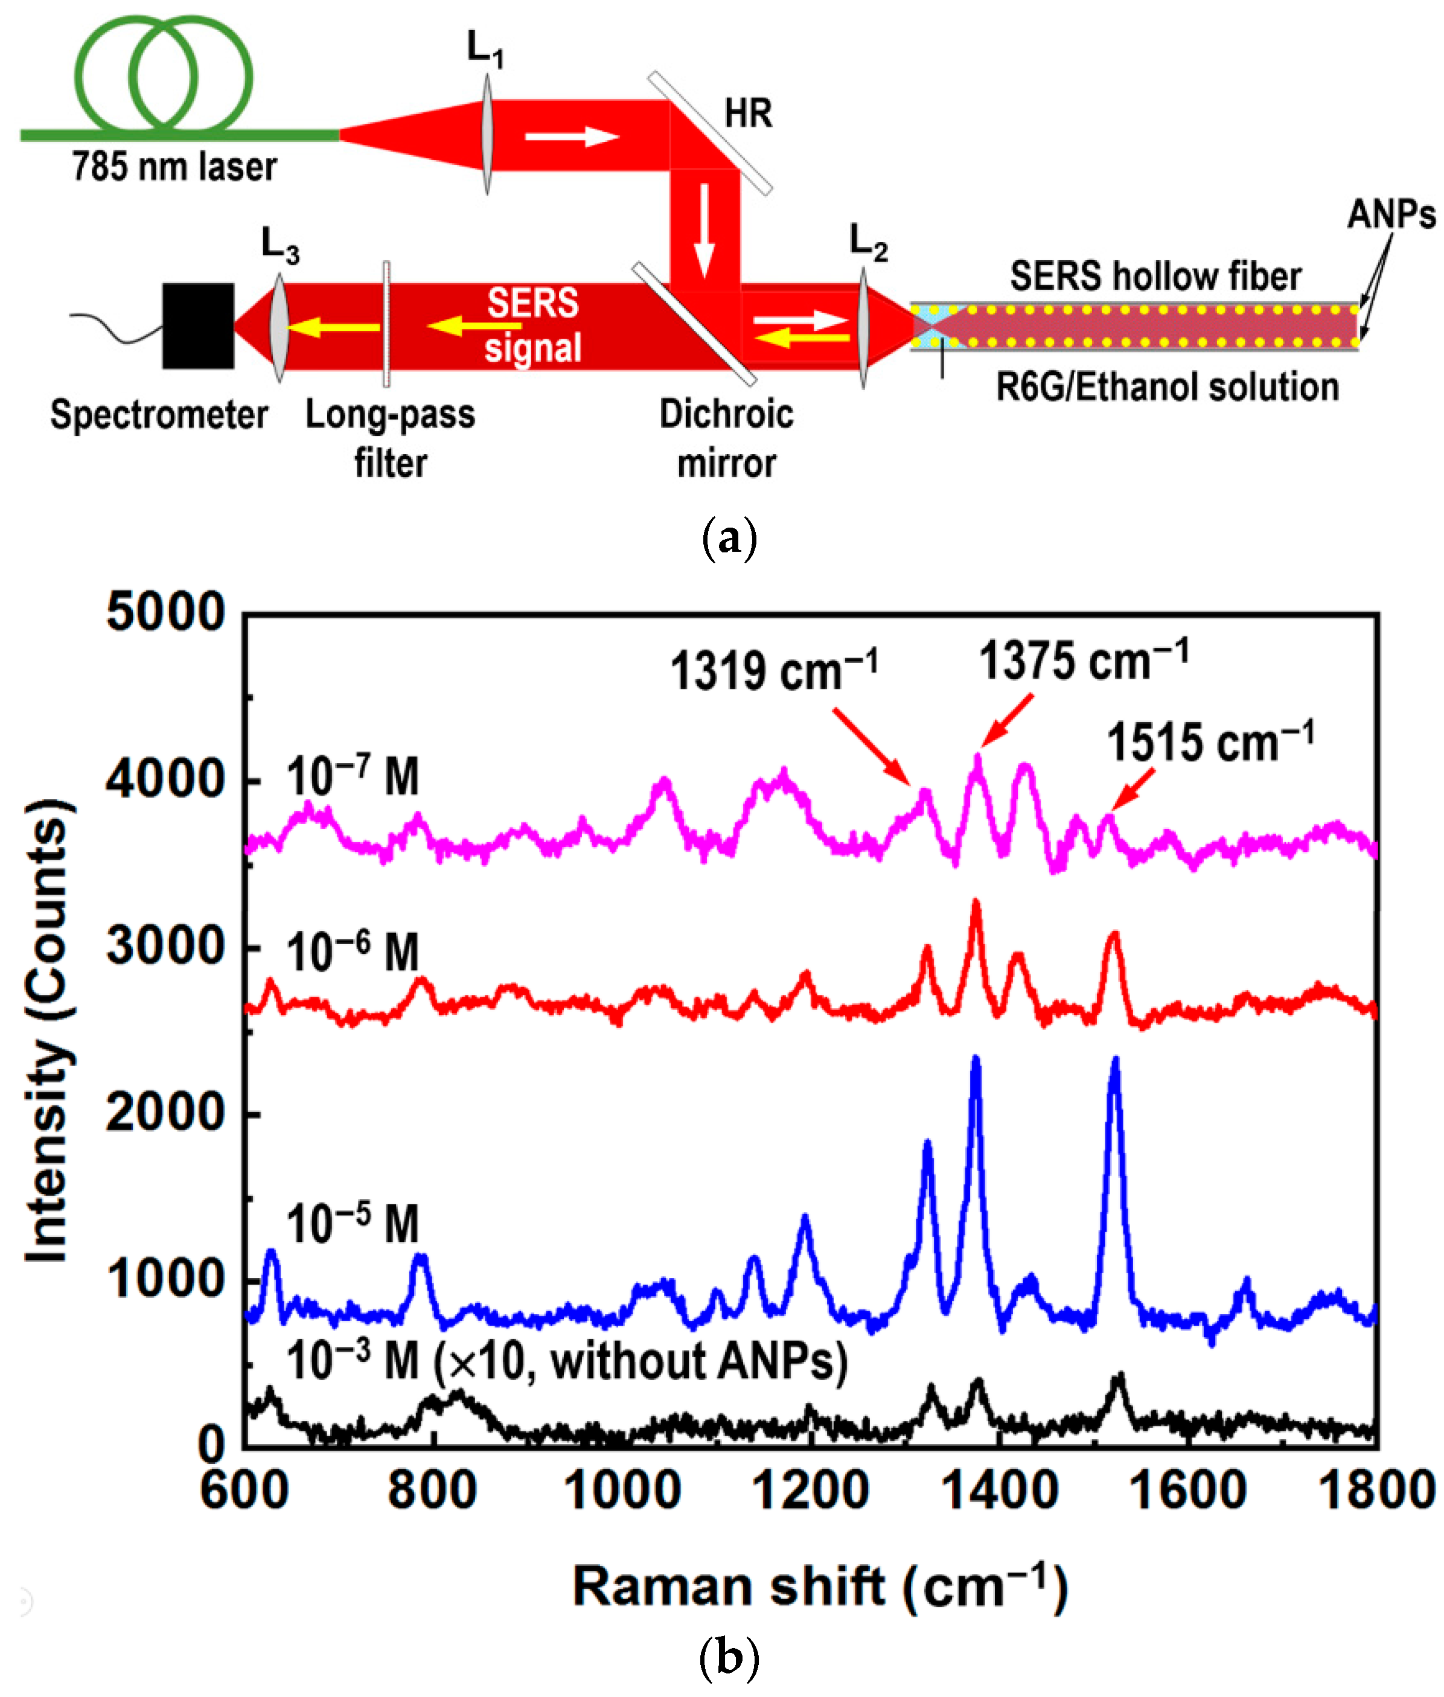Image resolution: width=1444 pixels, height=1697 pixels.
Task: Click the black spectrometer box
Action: coord(197,326)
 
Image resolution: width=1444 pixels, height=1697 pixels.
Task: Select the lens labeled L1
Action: coord(487,135)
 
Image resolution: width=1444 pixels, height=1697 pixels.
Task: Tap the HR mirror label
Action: coord(747,113)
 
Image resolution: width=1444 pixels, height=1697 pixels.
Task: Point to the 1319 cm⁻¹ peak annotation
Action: coord(773,671)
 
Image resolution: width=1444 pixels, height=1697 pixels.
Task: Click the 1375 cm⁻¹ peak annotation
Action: coord(1082,660)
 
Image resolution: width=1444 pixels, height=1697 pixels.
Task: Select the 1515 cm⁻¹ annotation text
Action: coord(1210,743)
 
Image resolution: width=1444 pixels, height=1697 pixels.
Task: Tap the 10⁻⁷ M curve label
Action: coord(352,775)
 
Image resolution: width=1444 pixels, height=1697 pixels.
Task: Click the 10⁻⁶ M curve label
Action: coord(352,951)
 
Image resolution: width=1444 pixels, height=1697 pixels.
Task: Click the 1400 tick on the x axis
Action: coord(1000,1489)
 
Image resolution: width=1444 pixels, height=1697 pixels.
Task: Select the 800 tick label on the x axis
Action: coord(432,1489)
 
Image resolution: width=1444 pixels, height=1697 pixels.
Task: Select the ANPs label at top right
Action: coord(1390,214)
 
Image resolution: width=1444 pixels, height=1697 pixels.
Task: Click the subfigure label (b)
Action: coord(729,1658)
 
